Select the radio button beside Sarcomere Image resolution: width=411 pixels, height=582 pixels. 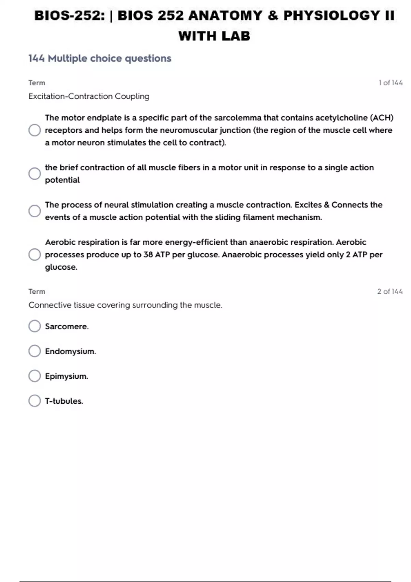(x=35, y=326)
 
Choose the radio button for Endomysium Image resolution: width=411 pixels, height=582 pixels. (x=35, y=351)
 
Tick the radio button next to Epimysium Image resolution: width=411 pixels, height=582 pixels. (x=35, y=376)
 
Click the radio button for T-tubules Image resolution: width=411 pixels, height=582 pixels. (x=35, y=401)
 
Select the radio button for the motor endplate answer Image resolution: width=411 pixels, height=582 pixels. (x=35, y=130)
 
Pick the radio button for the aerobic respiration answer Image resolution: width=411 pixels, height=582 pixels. (x=35, y=254)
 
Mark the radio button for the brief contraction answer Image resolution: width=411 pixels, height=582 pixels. (x=35, y=174)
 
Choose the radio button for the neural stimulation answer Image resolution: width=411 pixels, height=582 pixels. (x=35, y=211)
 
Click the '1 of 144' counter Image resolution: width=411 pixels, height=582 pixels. (x=390, y=83)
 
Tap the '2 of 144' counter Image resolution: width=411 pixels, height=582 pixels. (x=390, y=292)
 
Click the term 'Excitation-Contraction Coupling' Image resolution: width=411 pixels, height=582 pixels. (x=89, y=97)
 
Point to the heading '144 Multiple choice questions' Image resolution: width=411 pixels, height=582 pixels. (x=100, y=59)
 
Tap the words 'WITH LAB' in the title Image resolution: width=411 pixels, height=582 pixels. (x=214, y=36)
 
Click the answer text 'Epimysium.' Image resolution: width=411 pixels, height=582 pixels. (x=66, y=376)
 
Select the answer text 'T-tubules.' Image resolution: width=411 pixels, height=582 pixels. (x=64, y=401)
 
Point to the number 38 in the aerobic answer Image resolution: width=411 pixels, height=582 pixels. (x=148, y=255)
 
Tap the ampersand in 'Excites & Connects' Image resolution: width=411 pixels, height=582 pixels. (x=326, y=205)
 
